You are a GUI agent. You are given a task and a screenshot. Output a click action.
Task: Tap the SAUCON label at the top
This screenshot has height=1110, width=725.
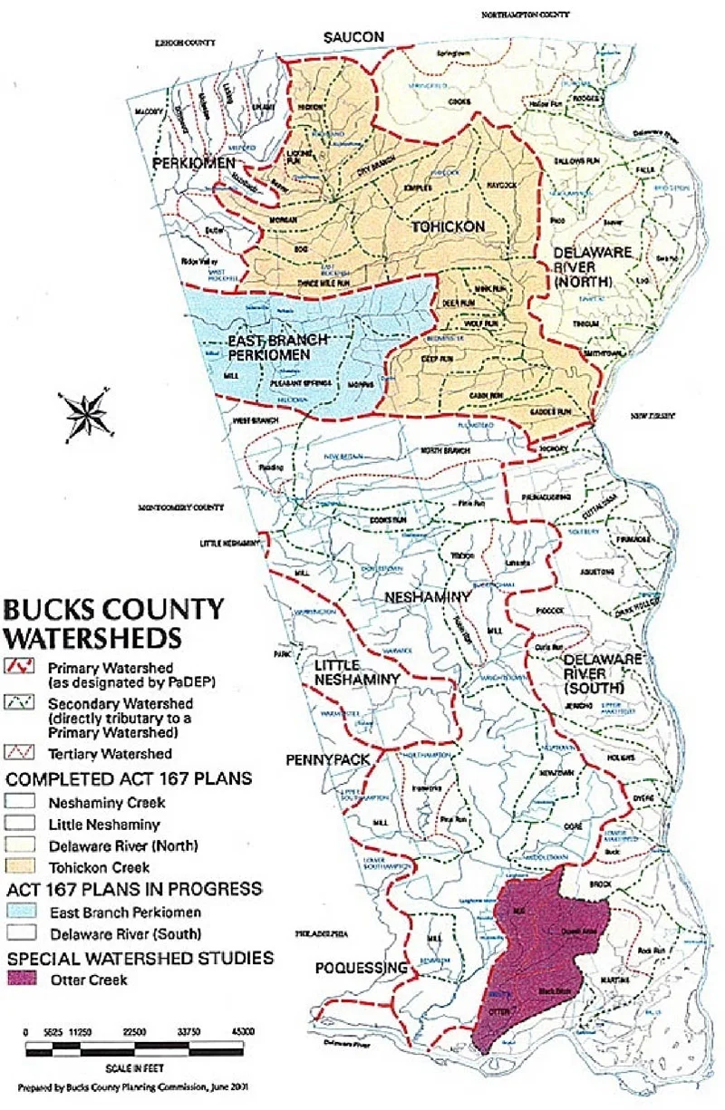(355, 36)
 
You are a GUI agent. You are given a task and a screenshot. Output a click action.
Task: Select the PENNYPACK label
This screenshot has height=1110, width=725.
(327, 758)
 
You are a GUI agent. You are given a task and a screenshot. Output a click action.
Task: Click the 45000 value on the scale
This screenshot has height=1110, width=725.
(242, 1031)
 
